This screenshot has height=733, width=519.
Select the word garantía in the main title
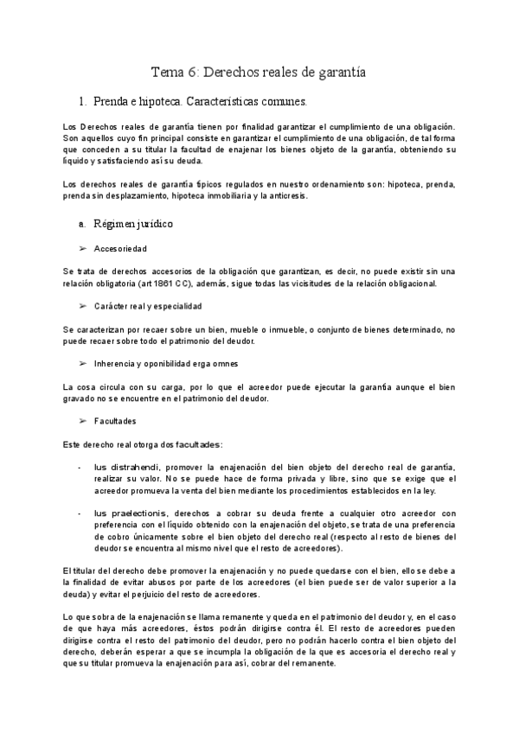[337, 73]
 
